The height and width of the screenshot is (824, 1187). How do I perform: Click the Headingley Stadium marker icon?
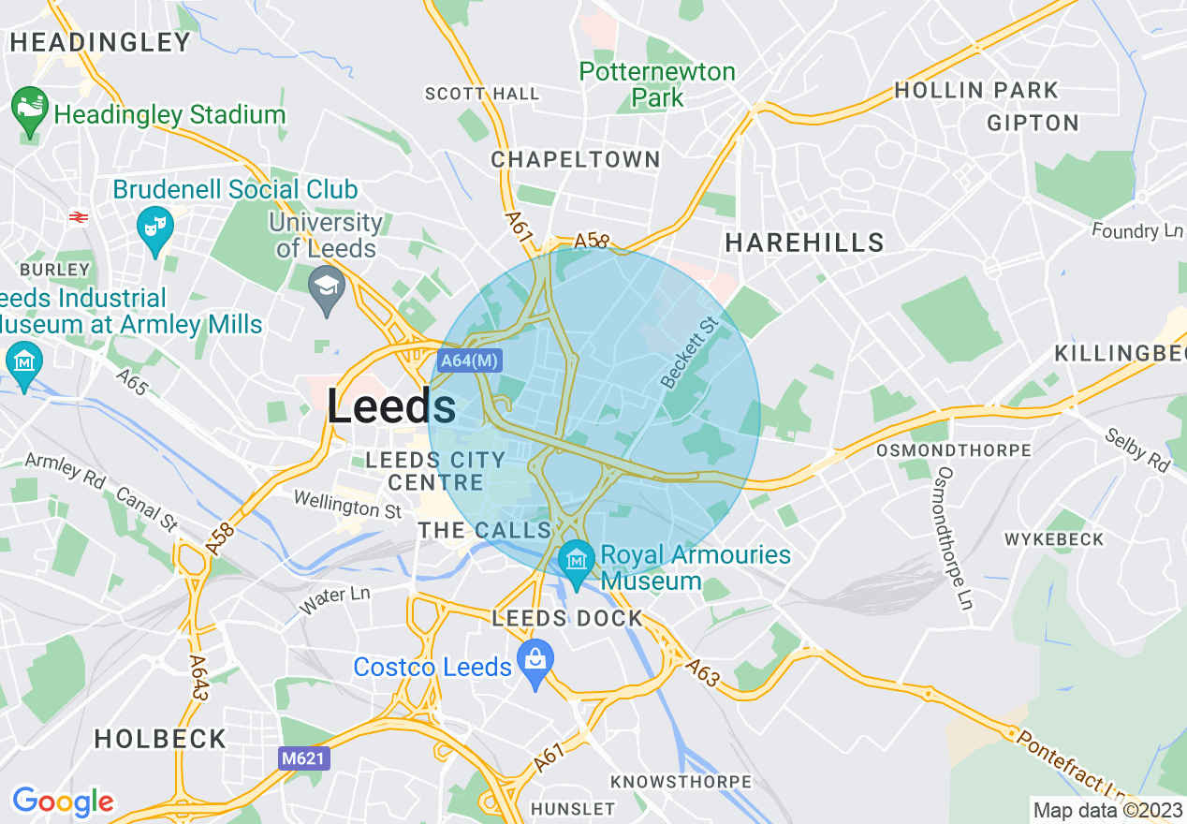click(x=30, y=110)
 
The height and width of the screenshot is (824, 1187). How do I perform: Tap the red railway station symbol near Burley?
click(x=79, y=217)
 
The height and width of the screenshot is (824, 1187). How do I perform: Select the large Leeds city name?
click(x=391, y=407)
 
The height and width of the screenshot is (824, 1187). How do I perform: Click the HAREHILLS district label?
click(x=804, y=243)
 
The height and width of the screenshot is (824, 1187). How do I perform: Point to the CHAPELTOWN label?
click(x=576, y=160)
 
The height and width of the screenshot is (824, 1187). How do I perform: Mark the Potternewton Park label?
click(x=657, y=84)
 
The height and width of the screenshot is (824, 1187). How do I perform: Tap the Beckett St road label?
click(x=688, y=352)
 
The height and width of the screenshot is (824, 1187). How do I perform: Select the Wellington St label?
click(x=346, y=504)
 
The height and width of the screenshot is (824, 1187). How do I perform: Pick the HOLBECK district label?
click(x=160, y=739)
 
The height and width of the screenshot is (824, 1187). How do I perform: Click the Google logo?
click(x=63, y=802)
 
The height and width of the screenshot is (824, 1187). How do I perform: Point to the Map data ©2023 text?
click(x=1107, y=810)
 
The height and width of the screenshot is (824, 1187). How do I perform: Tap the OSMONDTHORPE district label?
click(x=953, y=450)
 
